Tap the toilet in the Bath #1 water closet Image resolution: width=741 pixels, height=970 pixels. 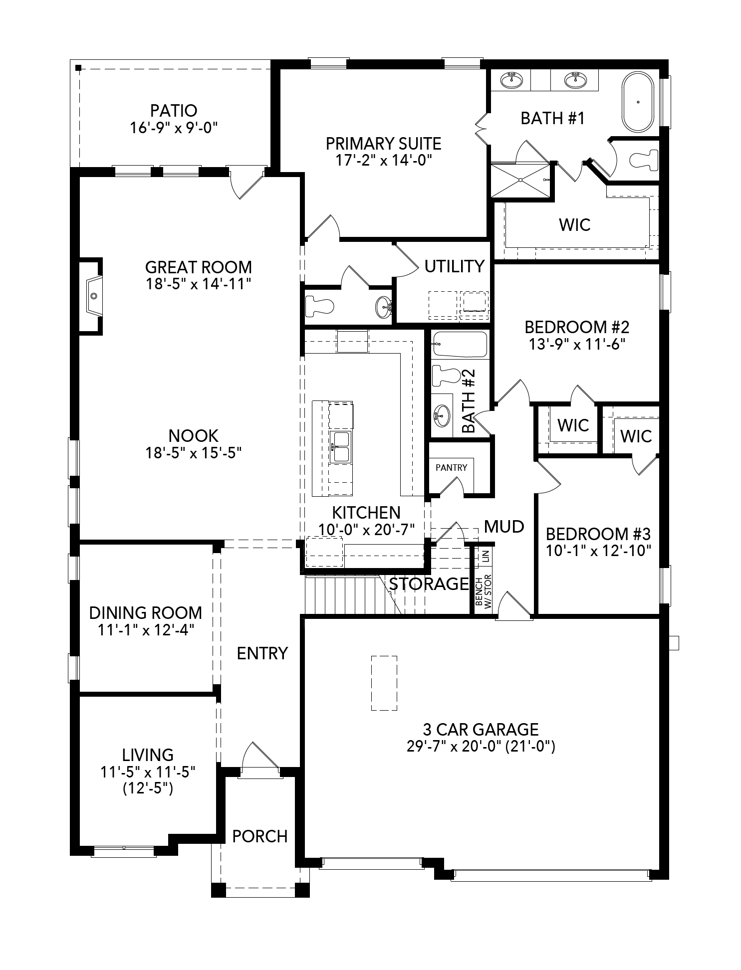644,160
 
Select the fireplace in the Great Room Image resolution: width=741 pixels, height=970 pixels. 92,295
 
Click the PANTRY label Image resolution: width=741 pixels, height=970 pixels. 451,467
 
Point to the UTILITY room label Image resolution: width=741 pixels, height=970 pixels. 454,266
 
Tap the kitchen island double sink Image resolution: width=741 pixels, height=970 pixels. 341,447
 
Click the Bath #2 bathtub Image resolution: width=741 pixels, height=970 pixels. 460,345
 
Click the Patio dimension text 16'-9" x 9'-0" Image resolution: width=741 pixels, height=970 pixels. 174,128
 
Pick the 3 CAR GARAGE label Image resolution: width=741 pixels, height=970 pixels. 481,729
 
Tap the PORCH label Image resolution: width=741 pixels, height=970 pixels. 260,836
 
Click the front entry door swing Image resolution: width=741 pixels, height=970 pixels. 259,758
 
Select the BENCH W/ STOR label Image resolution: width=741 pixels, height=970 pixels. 483,591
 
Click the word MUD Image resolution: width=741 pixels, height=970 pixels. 504,526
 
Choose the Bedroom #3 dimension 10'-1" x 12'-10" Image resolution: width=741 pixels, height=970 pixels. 598,551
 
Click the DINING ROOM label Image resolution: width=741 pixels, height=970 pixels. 145,612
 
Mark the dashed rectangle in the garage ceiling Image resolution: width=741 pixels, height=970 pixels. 384,683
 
